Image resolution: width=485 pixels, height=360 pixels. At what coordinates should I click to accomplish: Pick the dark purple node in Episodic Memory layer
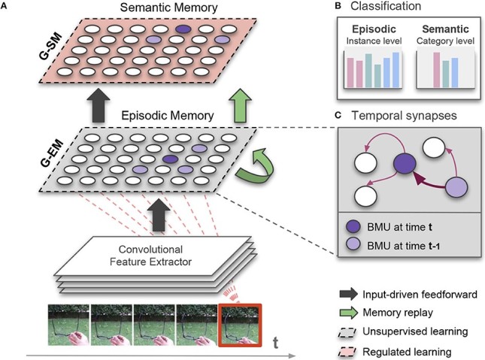(x=169, y=160)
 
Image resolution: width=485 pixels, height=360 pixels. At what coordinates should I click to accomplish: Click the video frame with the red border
(x=239, y=322)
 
